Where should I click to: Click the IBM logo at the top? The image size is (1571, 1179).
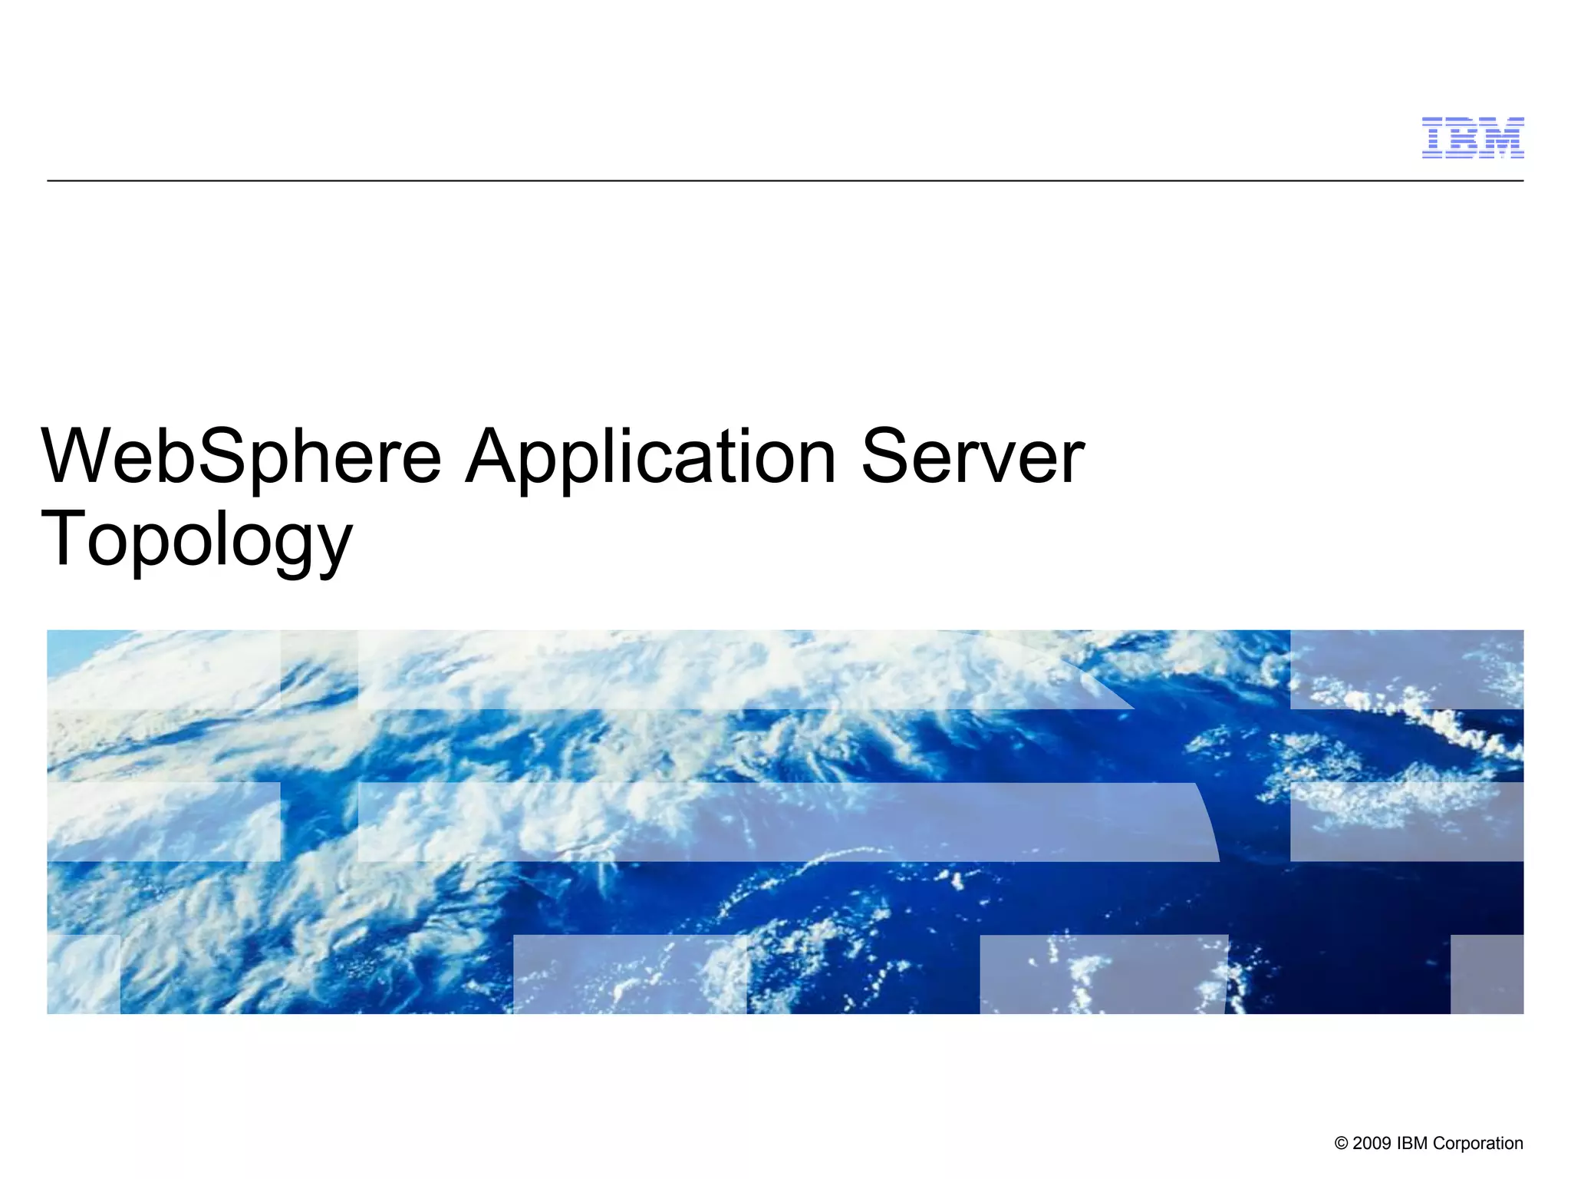(1472, 138)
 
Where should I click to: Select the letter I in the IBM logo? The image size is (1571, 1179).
(1434, 138)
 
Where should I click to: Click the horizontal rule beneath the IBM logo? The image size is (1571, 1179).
(785, 181)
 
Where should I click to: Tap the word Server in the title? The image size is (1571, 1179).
(973, 458)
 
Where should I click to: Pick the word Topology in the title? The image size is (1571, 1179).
(196, 542)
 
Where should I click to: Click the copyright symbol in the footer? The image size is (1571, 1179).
(1342, 1144)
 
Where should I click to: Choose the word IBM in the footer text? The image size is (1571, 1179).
(1412, 1144)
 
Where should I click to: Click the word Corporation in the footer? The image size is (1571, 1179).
(1477, 1144)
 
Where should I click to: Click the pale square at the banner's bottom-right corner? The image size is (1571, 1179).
(1487, 974)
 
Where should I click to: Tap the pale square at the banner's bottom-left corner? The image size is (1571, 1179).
(84, 974)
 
